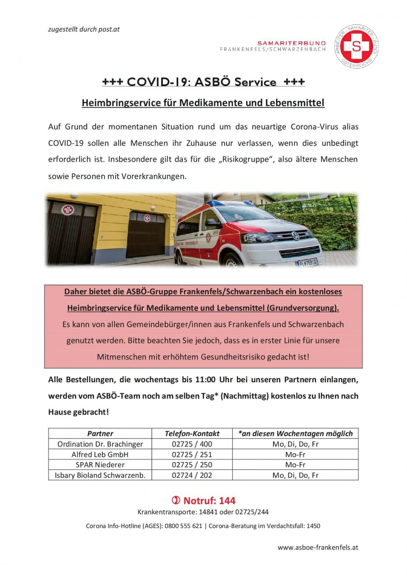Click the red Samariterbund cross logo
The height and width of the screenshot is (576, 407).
point(356,46)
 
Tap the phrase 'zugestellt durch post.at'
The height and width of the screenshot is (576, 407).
point(84,29)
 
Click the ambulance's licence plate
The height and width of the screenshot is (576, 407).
point(307,262)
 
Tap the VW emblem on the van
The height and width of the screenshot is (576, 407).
point(296,236)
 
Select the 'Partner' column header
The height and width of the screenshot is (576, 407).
point(100,434)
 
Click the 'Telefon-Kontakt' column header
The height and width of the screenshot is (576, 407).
point(192,434)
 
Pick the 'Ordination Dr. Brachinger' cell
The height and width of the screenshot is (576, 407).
point(100,444)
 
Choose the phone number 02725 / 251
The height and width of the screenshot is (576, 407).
point(192,454)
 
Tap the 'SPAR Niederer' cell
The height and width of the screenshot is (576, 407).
point(100,465)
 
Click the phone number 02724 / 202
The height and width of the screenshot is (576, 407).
point(192,475)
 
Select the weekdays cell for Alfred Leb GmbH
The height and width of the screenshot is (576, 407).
point(295,454)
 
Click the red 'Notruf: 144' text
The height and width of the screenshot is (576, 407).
point(209,500)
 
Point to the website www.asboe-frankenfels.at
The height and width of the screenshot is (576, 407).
point(318,547)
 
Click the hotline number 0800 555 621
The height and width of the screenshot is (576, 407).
point(183,526)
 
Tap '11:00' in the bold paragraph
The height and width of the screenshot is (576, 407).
point(205,380)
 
